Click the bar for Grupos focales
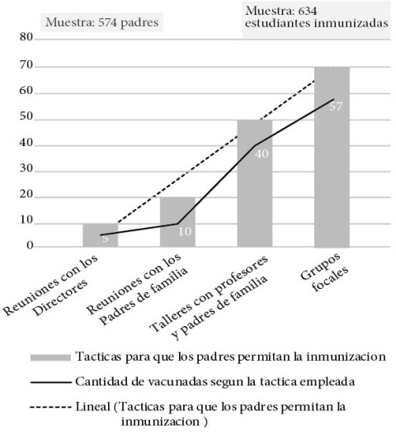tap(332, 157)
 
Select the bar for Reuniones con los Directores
tap(101, 235)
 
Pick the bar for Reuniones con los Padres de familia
tap(177, 222)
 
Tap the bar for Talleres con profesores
tap(255, 183)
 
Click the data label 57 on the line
tap(336, 106)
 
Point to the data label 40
tap(262, 154)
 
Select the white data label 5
tap(105, 239)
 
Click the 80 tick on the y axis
tap(26, 37)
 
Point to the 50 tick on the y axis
tap(26, 116)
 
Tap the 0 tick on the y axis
tap(30, 245)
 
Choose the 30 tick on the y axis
tap(26, 168)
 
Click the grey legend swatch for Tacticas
tap(50, 357)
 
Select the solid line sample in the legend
tap(50, 382)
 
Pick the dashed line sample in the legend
tap(50, 407)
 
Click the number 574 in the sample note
tap(108, 22)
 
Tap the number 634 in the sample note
tap(307, 11)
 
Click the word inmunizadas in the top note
tap(351, 23)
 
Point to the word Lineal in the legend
tap(93, 407)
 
